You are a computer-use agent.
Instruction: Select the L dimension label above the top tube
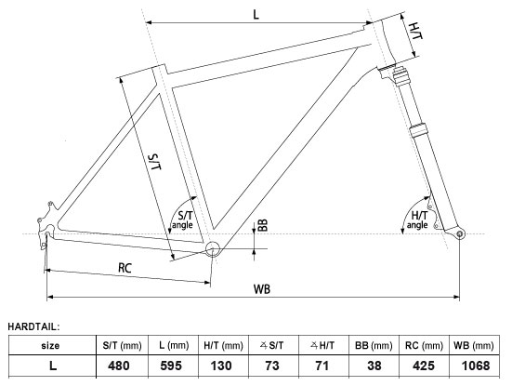[254, 14]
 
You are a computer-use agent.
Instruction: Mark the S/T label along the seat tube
[155, 157]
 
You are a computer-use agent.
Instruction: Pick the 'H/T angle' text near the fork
[418, 220]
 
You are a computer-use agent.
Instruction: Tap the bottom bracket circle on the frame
[213, 248]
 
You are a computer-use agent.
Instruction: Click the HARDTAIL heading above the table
[33, 326]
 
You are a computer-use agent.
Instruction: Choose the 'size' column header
[51, 346]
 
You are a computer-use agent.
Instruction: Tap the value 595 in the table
[174, 366]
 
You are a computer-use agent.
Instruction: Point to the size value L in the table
[51, 366]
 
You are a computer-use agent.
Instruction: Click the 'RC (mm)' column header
[425, 346]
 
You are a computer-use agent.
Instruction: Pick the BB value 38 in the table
[374, 366]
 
